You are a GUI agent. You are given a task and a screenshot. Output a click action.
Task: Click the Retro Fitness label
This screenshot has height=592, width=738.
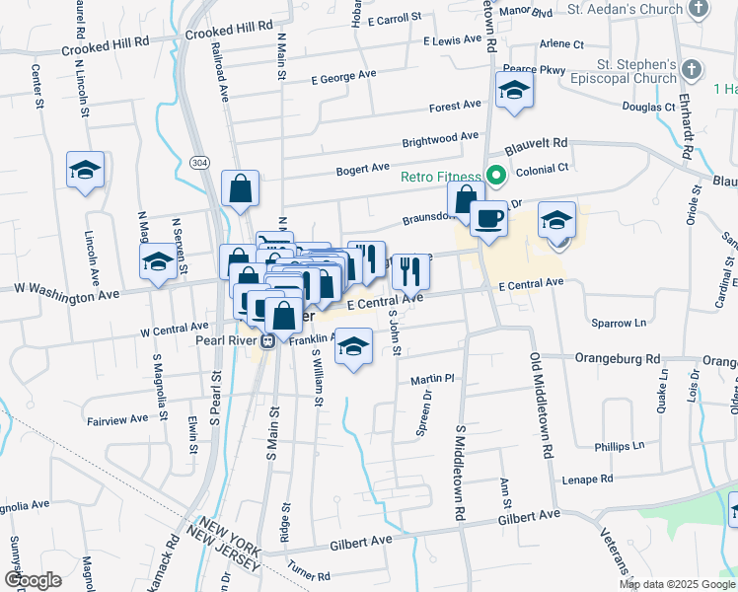pos(441,178)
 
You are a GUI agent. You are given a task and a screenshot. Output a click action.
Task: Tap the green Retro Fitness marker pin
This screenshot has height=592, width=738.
pos(496,178)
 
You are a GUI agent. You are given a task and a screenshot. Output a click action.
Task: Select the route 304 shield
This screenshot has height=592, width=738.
pos(200,163)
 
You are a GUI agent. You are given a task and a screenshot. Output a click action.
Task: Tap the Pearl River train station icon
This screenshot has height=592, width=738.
pos(266,340)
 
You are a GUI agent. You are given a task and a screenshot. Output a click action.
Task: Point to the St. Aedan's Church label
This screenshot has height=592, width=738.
pos(626,9)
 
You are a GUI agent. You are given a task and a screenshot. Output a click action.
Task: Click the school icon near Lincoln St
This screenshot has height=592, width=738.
pos(86,170)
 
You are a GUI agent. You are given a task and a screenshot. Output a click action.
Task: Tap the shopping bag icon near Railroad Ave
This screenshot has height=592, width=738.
pos(240,187)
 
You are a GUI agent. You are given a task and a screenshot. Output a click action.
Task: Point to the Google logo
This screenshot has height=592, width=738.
pos(34,580)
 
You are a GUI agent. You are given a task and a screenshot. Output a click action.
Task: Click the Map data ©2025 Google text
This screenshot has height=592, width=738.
pos(677,584)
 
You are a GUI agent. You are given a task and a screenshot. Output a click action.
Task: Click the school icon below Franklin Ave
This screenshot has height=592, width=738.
pos(353,346)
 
